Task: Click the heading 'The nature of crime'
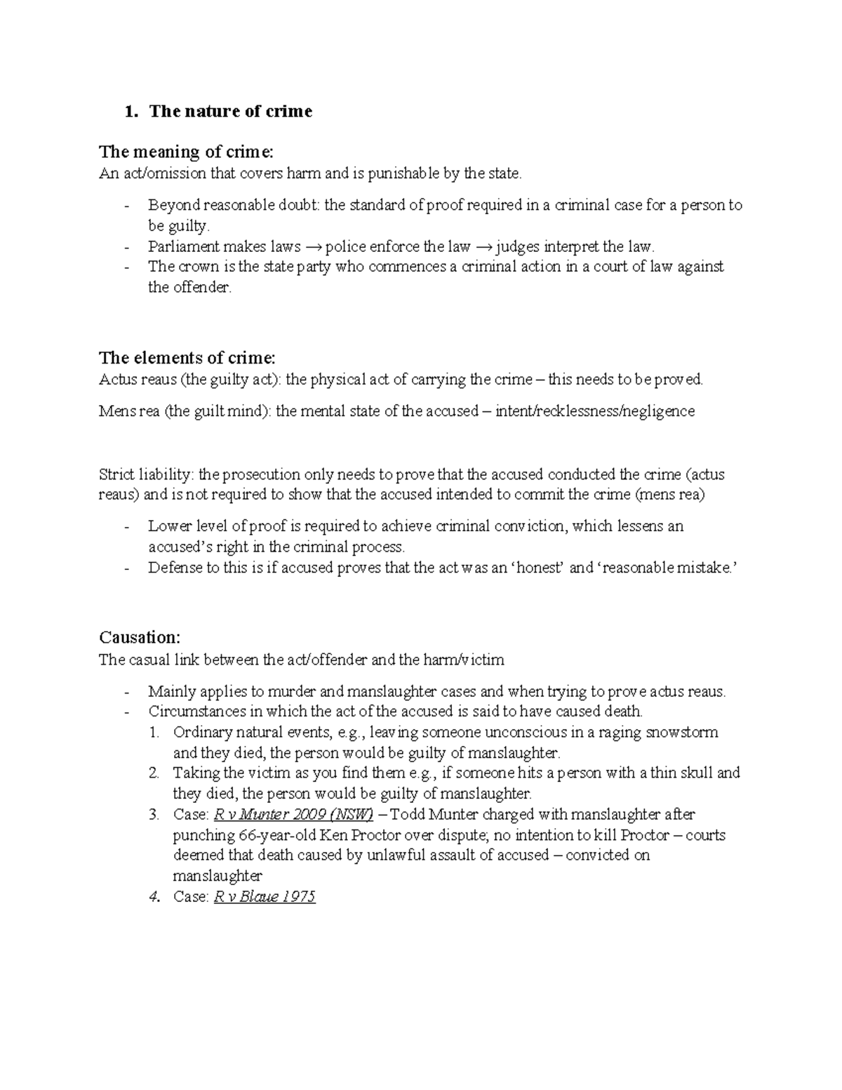[230, 112]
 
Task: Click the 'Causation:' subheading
[140, 637]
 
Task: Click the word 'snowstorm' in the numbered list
[682, 733]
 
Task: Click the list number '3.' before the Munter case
[155, 815]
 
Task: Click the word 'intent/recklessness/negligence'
[595, 411]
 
